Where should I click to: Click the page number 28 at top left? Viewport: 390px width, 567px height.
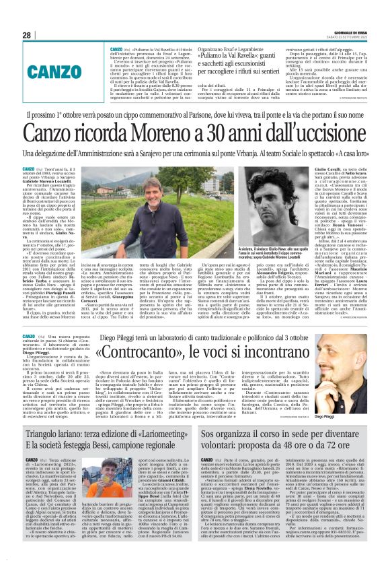27,35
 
